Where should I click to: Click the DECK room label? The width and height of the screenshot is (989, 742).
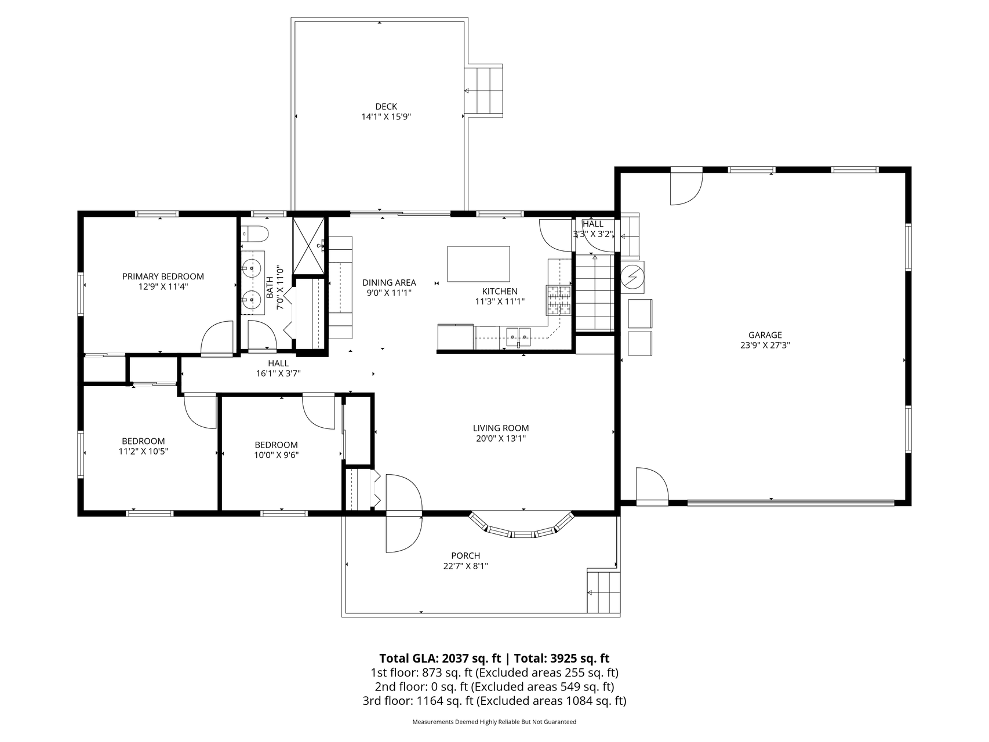[386, 107]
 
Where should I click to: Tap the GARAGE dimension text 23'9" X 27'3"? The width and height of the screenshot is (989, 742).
[765, 345]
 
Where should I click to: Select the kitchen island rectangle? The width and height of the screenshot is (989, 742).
[479, 264]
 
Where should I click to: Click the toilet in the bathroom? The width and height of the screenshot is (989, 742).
[255, 234]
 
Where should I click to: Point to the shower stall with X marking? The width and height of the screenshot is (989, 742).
[308, 245]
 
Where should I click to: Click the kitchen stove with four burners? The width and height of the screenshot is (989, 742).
[558, 300]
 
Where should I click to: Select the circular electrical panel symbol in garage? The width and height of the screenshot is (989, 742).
[632, 277]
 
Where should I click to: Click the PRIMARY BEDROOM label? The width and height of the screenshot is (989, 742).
[163, 277]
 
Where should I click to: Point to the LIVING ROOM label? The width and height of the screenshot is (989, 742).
[501, 428]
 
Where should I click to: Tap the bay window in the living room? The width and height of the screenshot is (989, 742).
[521, 525]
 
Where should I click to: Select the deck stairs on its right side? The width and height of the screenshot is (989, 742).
[484, 91]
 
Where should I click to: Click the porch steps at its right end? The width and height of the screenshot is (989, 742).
[603, 591]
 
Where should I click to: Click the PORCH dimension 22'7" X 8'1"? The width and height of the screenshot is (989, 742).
[466, 566]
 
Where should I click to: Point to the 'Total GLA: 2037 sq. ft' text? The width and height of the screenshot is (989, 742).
[440, 658]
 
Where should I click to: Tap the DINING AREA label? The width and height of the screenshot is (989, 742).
[389, 283]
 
